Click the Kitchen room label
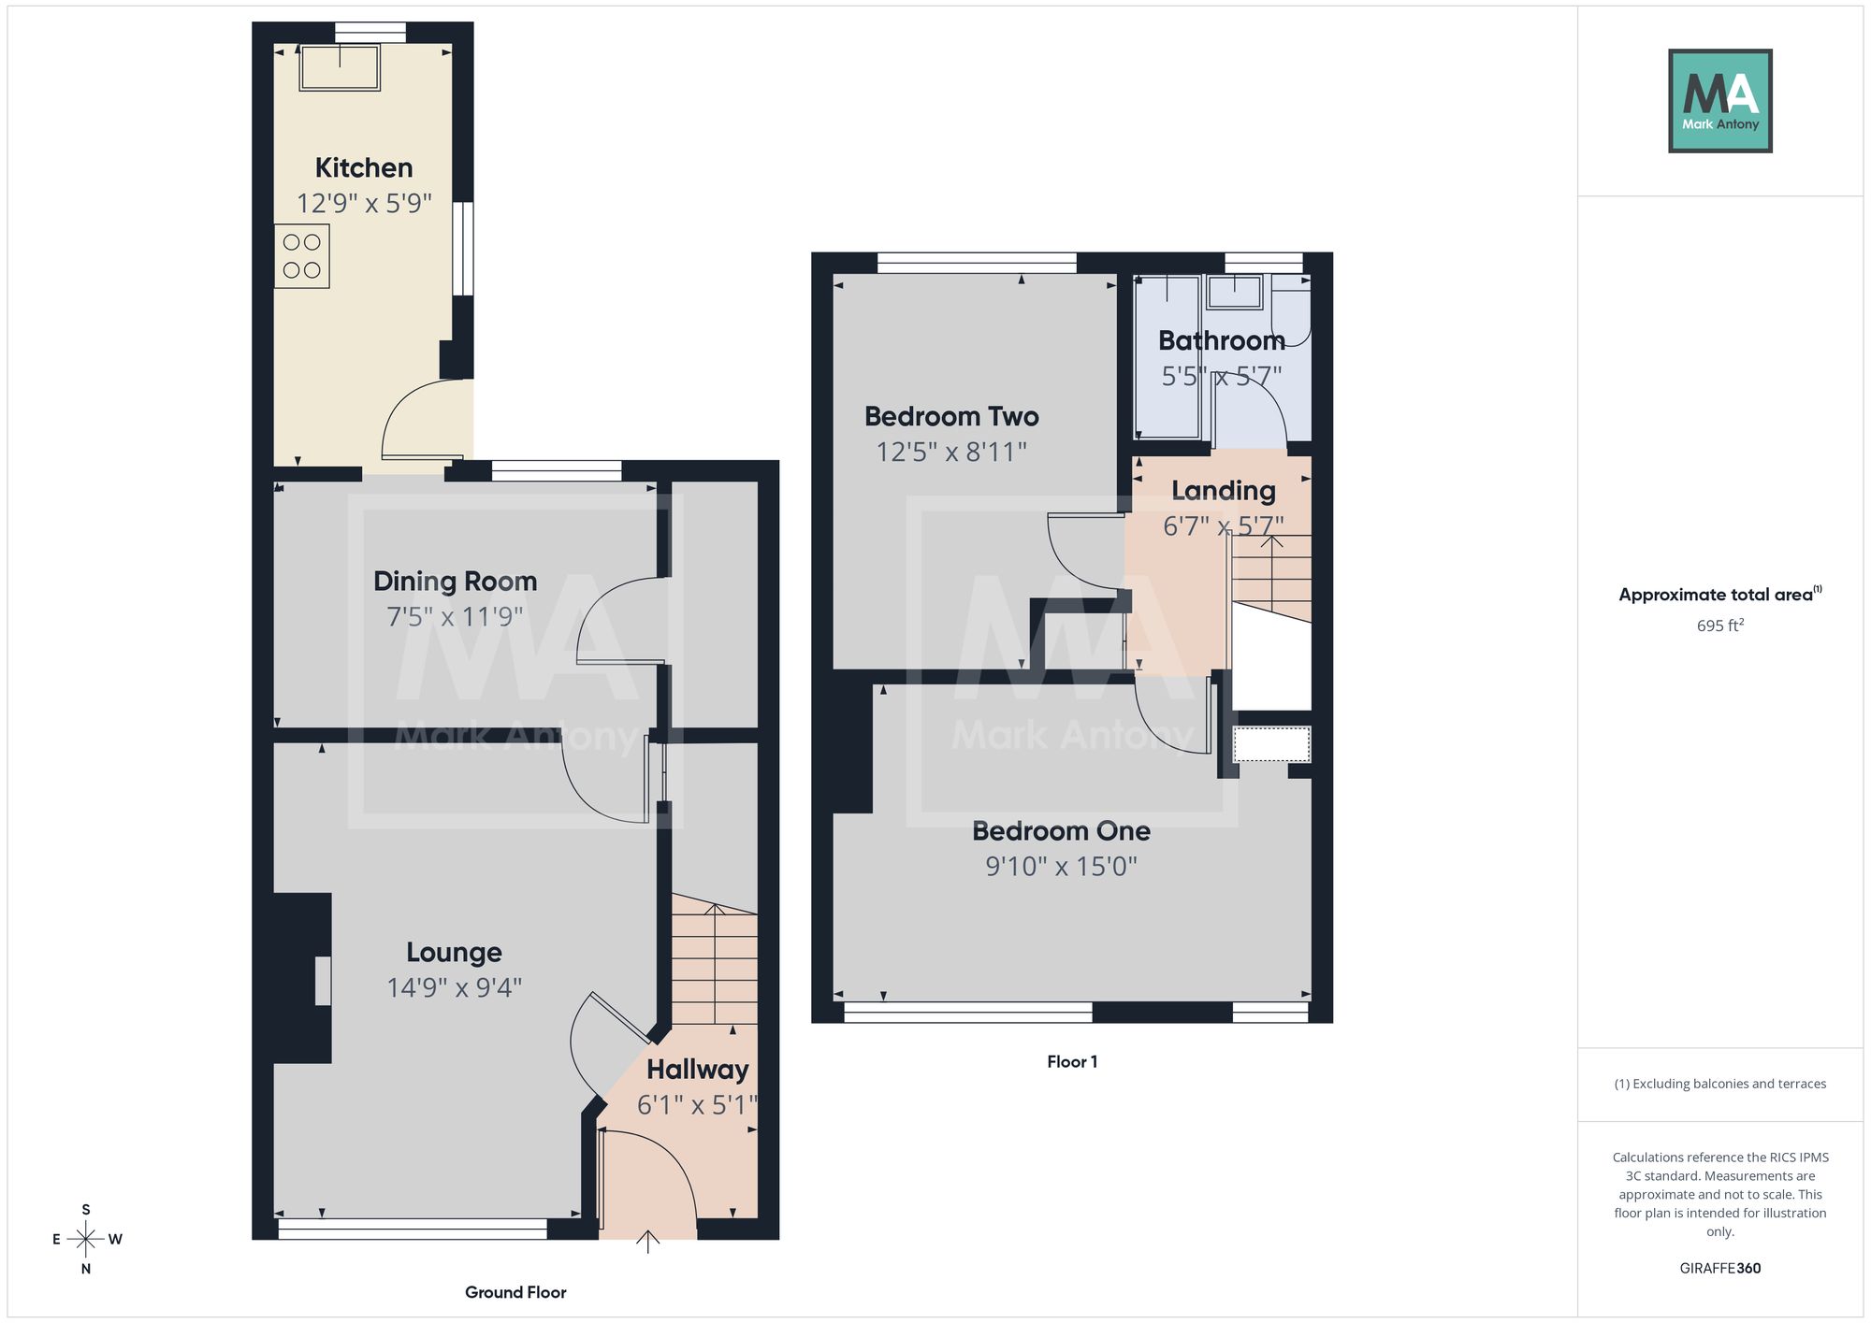364,168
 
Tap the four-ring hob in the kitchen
302,256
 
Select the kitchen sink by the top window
340,67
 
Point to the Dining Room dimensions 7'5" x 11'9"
455,617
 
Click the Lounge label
455,953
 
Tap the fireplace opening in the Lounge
323,981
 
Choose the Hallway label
698,1070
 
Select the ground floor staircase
715,959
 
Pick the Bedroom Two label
951,417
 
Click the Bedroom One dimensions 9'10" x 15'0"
1061,867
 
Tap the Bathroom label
1222,341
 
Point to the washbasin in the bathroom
1235,292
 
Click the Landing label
1224,491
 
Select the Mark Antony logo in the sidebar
1720,101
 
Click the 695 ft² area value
1720,626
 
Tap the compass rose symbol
86,1240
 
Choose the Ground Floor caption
515,1292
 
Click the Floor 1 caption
1072,1062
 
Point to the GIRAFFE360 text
1720,1269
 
